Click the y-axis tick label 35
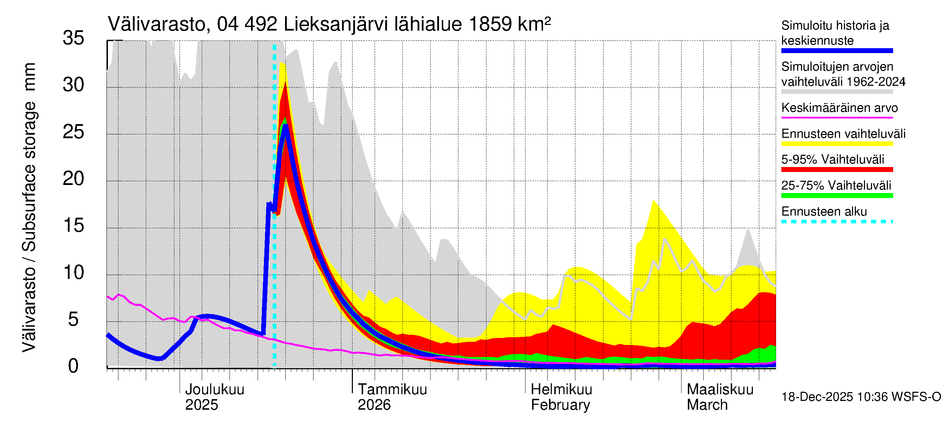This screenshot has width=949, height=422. [x=73, y=38]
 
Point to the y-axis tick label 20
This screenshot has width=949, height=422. [x=73, y=179]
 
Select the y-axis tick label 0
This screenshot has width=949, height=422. [x=73, y=366]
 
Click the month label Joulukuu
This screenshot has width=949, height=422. [x=214, y=389]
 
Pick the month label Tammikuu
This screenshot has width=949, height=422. [x=392, y=389]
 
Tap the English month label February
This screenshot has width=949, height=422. [x=560, y=405]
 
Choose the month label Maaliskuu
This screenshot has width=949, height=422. [x=720, y=389]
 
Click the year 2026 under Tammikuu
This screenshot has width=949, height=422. [x=374, y=405]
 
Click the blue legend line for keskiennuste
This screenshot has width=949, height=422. [x=837, y=51]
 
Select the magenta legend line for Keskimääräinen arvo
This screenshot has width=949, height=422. [x=837, y=117]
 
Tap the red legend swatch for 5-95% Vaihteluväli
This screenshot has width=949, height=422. [x=837, y=170]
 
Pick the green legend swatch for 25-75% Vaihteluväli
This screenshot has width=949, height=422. [x=837, y=196]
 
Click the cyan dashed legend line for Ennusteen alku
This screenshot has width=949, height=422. [x=837, y=222]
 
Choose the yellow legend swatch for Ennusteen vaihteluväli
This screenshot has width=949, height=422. [x=837, y=144]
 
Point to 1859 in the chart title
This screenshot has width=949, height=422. [x=490, y=24]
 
